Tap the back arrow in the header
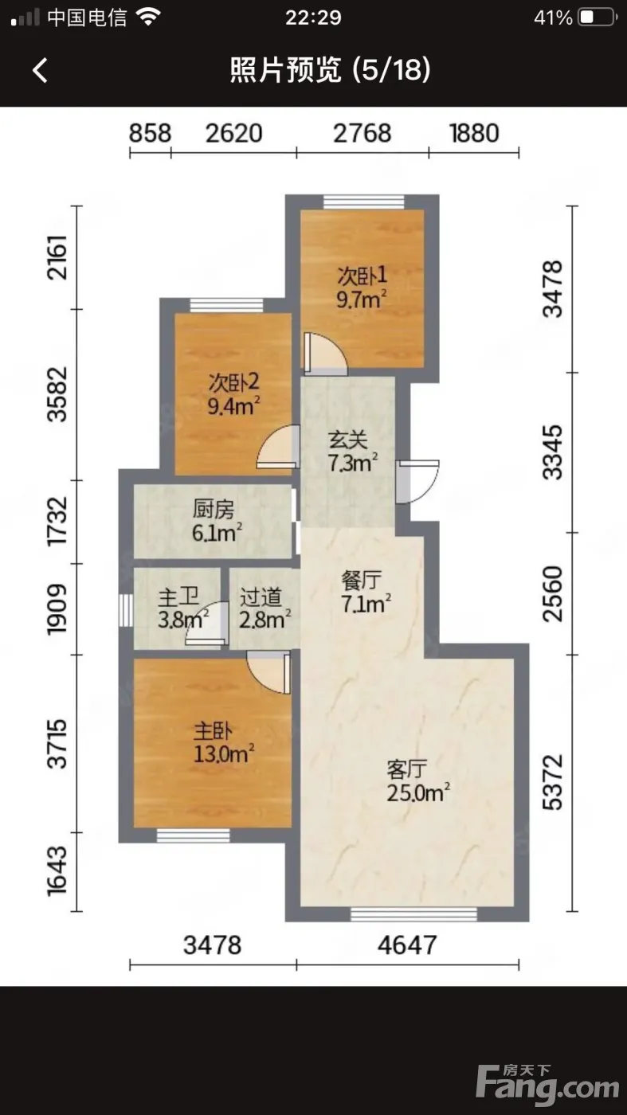pos(40,70)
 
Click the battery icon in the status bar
pos(598,18)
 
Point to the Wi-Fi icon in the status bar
pos(148,18)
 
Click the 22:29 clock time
pos(313,18)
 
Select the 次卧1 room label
pos(362,275)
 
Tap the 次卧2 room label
pos(233,382)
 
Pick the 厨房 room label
pos(214,509)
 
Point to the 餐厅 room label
pos(362,580)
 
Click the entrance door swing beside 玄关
pos(417,481)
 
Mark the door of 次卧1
pos(325,354)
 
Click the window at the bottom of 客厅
pos(413,914)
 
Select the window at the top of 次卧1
pos(363,201)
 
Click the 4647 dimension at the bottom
pos(407,945)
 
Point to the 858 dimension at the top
pos(150,134)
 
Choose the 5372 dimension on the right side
pos(553,782)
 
